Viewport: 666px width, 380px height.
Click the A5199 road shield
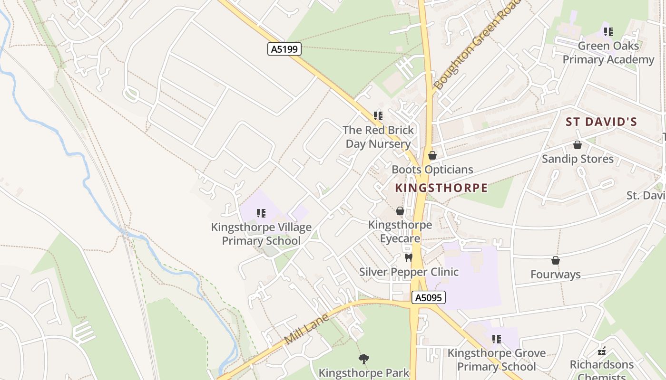284,49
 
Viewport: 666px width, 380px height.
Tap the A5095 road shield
428,298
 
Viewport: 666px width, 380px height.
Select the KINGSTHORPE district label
441,188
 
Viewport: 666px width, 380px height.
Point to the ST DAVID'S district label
601,122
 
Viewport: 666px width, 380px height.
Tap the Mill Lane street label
307,328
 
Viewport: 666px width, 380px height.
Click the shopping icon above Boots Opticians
432,155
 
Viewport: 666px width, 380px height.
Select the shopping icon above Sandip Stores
578,145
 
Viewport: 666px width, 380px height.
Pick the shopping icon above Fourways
555,260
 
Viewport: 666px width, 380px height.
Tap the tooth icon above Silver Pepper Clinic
408,258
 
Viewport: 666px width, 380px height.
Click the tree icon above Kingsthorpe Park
364,359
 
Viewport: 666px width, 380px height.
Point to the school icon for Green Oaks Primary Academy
608,32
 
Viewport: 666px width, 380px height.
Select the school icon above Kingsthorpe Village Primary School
261,213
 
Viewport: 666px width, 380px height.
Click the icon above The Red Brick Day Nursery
378,116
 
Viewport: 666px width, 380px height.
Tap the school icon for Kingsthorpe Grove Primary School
497,339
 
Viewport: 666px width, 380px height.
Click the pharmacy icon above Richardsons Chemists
602,351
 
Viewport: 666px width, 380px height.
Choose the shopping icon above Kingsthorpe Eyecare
400,211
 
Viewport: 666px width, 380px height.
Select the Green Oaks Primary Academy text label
608,53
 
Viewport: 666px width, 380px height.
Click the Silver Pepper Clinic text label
409,272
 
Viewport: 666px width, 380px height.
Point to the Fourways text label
555,275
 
